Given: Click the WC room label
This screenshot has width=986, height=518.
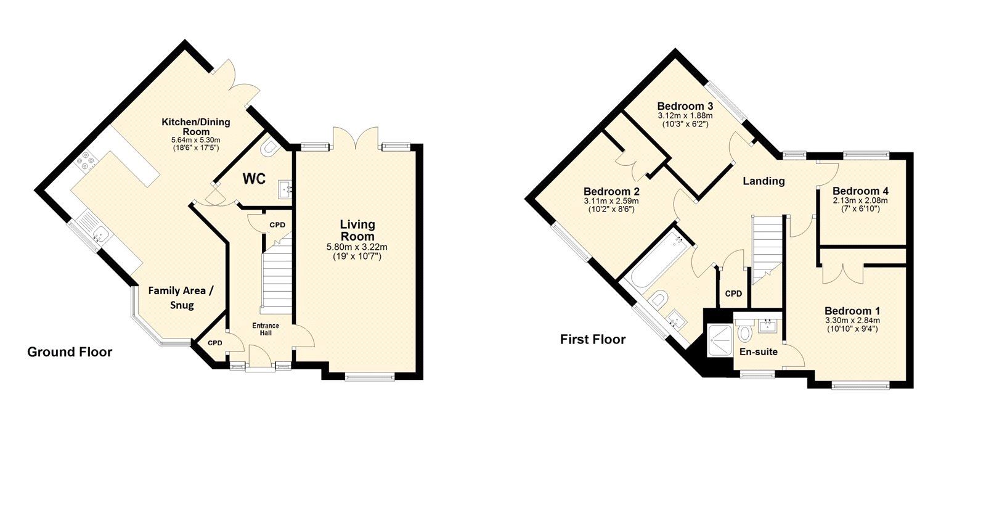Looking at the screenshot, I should (x=254, y=179).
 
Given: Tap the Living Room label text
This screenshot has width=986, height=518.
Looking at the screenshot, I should (x=357, y=230).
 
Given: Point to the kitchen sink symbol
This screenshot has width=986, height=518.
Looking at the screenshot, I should (x=99, y=232).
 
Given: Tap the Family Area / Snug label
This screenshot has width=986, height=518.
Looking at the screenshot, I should (x=181, y=297).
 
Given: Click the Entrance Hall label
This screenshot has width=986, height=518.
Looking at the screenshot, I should (x=266, y=329).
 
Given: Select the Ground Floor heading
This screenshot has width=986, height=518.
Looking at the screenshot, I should (x=70, y=352).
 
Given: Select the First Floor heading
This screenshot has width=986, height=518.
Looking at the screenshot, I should (x=593, y=339).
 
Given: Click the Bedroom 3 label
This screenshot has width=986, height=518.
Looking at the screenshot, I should (x=685, y=105).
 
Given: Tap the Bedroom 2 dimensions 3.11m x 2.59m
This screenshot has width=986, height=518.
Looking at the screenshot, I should (x=611, y=201).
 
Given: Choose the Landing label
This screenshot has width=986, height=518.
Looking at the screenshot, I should (x=764, y=181).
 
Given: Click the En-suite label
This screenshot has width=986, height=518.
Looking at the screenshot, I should (x=758, y=351).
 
